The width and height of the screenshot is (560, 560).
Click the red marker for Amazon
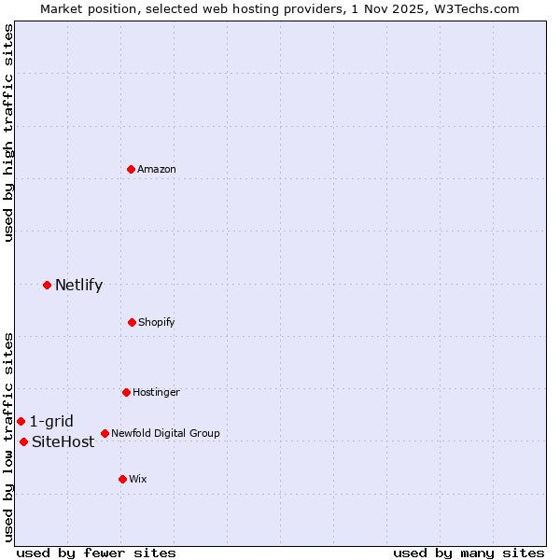pyautogui.click(x=131, y=169)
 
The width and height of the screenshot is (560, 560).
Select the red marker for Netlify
pyautogui.click(x=47, y=285)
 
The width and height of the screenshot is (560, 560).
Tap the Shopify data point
pyautogui.click(x=132, y=322)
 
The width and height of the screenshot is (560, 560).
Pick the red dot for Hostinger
pyautogui.click(x=126, y=392)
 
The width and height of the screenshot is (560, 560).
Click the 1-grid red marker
pyautogui.click(x=21, y=421)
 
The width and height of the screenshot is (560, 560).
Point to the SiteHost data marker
pyautogui.click(x=23, y=441)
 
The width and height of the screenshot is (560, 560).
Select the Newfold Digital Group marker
pyautogui.click(x=105, y=433)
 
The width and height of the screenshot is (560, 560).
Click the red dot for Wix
pyautogui.click(x=122, y=479)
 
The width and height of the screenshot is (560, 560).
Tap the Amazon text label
pyautogui.click(x=157, y=169)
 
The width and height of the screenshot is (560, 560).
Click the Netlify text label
pyautogui.click(x=78, y=285)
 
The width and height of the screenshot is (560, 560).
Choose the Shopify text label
pyautogui.click(x=157, y=322)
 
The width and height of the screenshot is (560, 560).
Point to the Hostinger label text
pyautogui.click(x=156, y=392)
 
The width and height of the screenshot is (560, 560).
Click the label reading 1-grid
pyautogui.click(x=51, y=421)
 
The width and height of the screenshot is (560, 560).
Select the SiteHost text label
pyautogui.click(x=63, y=441)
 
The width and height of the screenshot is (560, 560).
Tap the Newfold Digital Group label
pyautogui.click(x=165, y=433)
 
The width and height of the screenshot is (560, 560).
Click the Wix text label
pyautogui.click(x=138, y=479)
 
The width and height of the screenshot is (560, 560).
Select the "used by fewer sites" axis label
pyautogui.click(x=96, y=553)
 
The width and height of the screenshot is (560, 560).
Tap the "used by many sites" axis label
pyautogui.click(x=469, y=553)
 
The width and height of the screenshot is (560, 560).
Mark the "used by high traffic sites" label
pyautogui.click(x=8, y=133)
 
